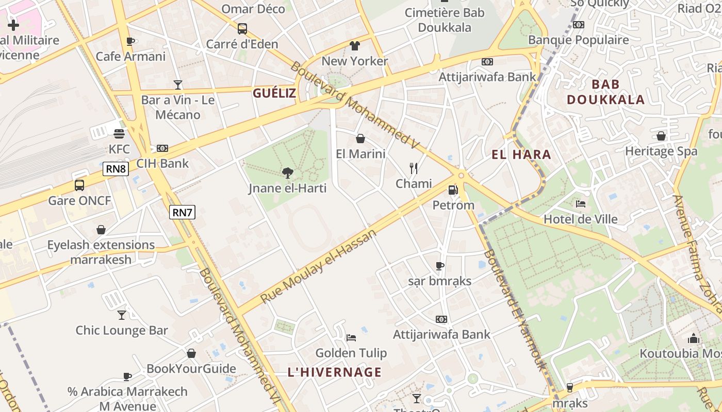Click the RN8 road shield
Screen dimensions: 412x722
[116, 169]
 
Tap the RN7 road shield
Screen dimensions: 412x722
[183, 212]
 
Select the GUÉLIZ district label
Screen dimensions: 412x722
[274, 93]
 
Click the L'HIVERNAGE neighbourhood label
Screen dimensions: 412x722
[334, 372]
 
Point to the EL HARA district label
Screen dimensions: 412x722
[521, 154]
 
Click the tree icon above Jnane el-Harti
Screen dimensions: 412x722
[288, 173]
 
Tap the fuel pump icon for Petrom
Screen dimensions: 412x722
[453, 190]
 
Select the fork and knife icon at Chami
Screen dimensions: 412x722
[413, 168]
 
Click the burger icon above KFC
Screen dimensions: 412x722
[119, 134]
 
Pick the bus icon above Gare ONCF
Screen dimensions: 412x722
[79, 185]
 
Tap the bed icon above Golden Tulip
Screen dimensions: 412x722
[351, 337]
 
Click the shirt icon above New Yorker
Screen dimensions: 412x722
[354, 46]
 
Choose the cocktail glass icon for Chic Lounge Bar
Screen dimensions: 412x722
[122, 315]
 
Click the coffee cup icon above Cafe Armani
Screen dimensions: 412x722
[130, 41]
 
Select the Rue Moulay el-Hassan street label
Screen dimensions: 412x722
[318, 267]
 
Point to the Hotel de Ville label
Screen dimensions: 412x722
[580, 219]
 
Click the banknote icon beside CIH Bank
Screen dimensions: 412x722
[162, 148]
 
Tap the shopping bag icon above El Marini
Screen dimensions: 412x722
[360, 139]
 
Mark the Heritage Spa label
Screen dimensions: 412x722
[661, 151]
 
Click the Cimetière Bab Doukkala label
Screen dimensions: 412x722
[445, 20]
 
